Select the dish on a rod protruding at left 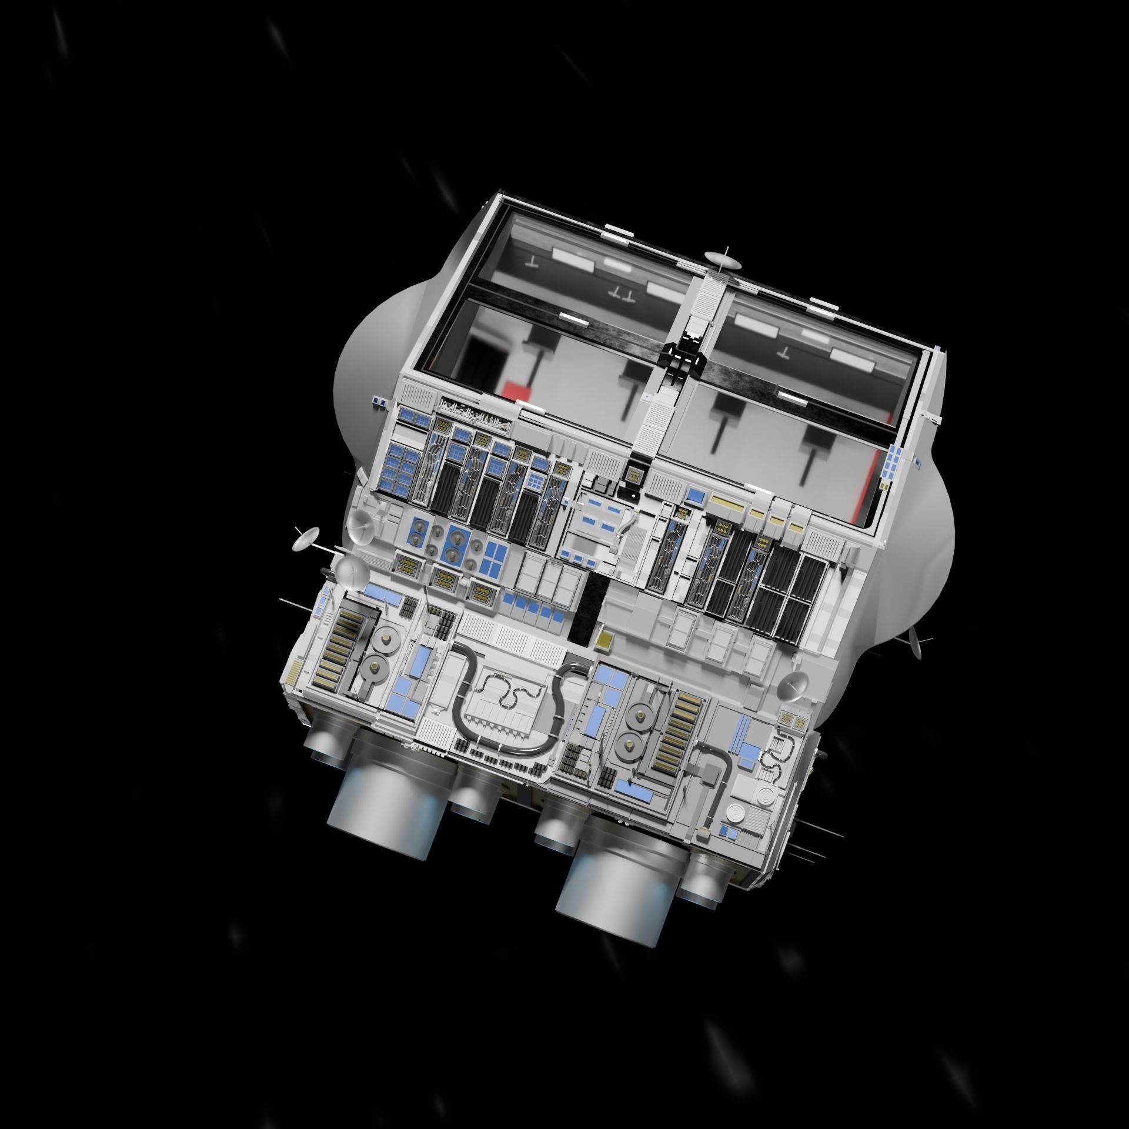click(x=306, y=539)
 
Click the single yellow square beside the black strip click(x=604, y=642)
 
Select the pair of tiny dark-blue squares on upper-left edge click(x=379, y=402)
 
